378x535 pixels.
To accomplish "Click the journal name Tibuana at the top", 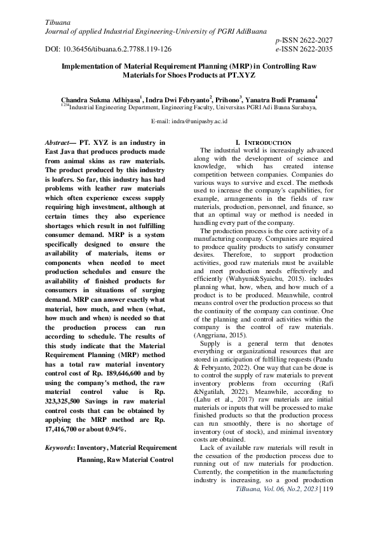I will tap(58, 23).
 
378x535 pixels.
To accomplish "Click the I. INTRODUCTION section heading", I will tap(263, 142).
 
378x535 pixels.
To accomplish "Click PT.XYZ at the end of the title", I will tap(238, 74).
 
